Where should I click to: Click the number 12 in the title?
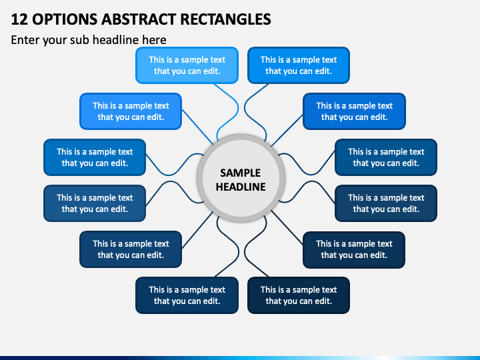(x=19, y=19)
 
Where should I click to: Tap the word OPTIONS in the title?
(x=65, y=19)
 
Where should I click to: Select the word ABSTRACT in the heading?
(x=139, y=19)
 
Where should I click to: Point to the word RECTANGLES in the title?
(x=225, y=19)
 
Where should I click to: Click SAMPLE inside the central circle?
(x=240, y=173)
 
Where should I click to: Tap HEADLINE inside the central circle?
(x=241, y=187)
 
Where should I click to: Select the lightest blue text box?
(x=187, y=65)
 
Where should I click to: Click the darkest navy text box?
(x=299, y=295)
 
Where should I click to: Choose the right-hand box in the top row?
(x=299, y=65)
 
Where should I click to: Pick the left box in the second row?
(x=131, y=111)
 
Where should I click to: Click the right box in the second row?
(x=354, y=111)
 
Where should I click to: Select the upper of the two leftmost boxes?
(x=95, y=157)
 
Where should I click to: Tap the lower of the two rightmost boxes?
(x=386, y=203)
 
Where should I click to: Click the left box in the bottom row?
(x=187, y=295)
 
